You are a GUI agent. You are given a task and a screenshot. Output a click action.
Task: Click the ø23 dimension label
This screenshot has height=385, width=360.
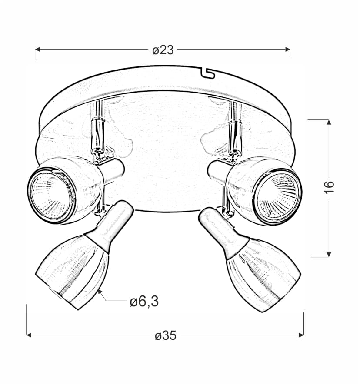(x=163, y=50)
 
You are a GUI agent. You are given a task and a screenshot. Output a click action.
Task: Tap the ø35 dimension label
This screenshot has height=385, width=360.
(x=166, y=335)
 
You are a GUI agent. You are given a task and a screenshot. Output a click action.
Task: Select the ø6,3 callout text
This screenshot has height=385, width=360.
(x=144, y=301)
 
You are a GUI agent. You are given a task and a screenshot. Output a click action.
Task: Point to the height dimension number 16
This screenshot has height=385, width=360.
(x=329, y=187)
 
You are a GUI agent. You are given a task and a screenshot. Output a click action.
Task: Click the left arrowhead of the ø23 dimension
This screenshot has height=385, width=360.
(x=37, y=50)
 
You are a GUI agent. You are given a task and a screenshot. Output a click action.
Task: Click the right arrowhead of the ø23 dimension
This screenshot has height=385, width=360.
(x=288, y=50)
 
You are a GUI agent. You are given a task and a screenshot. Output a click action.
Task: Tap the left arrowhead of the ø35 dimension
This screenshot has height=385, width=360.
(x=29, y=335)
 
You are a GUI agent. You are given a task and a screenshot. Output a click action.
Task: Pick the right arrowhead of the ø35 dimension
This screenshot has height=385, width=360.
(x=301, y=335)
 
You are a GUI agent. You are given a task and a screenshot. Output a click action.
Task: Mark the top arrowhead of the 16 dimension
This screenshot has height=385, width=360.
(x=329, y=122)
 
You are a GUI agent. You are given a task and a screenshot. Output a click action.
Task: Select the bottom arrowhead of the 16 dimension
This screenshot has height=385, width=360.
(x=329, y=254)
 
